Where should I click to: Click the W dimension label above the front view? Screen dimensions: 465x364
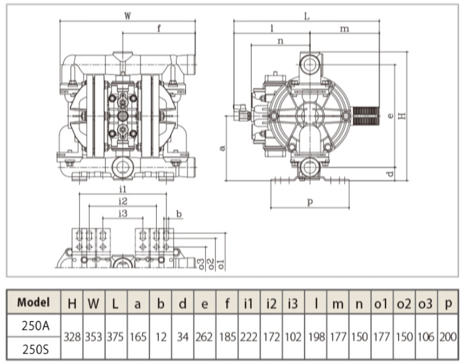(127, 16)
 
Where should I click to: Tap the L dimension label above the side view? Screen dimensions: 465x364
(307, 16)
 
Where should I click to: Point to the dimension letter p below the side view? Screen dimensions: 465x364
(310, 202)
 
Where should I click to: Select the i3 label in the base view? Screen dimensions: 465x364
(122, 212)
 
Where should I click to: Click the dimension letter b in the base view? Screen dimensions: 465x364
(179, 214)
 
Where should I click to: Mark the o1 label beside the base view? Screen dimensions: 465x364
(221, 264)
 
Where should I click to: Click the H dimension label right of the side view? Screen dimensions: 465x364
(402, 116)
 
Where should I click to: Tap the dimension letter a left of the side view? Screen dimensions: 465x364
(223, 147)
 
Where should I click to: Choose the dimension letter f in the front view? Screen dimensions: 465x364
(159, 28)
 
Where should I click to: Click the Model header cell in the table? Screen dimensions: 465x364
(34, 302)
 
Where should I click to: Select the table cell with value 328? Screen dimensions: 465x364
(72, 337)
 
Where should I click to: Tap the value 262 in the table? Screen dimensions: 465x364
(204, 337)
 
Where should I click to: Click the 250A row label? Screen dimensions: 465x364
(36, 326)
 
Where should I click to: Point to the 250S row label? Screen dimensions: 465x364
(36, 349)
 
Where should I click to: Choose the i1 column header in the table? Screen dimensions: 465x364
(248, 304)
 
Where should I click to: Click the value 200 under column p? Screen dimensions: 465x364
(448, 337)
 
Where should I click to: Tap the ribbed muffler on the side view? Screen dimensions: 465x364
(366, 115)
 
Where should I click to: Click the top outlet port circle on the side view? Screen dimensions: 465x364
(309, 64)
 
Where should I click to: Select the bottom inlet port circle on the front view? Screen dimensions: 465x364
(122, 168)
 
